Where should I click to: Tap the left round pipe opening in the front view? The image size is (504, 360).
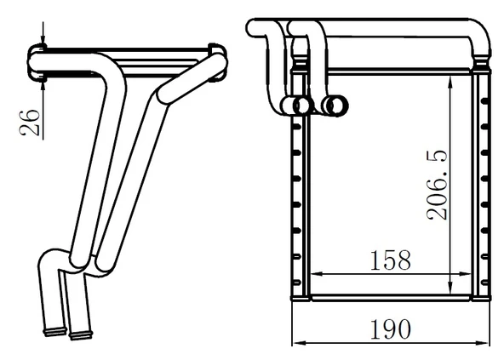pyautogui.click(x=300, y=105)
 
